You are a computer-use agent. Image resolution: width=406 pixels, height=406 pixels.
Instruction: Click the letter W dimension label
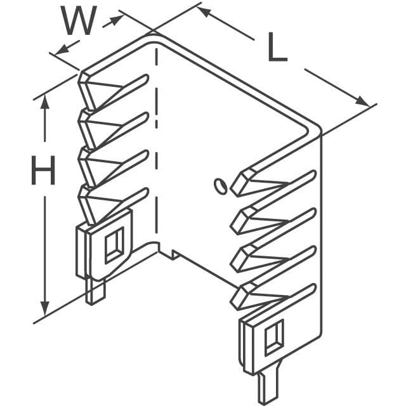[79, 20]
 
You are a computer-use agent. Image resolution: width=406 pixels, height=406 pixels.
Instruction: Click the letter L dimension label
[277, 47]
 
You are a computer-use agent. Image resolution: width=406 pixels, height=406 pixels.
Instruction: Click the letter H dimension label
[43, 170]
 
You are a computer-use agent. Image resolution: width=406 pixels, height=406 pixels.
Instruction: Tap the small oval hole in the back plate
[220, 186]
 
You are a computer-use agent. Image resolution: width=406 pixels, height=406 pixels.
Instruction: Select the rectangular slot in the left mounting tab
[114, 246]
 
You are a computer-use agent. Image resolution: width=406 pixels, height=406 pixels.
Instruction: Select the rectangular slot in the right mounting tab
[273, 337]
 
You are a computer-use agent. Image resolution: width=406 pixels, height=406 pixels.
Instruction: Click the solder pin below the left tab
[95, 291]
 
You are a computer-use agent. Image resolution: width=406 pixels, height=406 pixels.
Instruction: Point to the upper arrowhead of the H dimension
[45, 103]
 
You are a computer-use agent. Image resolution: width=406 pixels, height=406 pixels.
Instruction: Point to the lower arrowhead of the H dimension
[45, 308]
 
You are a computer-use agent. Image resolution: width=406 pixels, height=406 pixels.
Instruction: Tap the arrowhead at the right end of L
[362, 101]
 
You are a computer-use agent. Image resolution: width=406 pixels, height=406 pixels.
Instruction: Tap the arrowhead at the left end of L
[204, 11]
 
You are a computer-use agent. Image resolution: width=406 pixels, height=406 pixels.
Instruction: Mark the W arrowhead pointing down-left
[61, 50]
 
